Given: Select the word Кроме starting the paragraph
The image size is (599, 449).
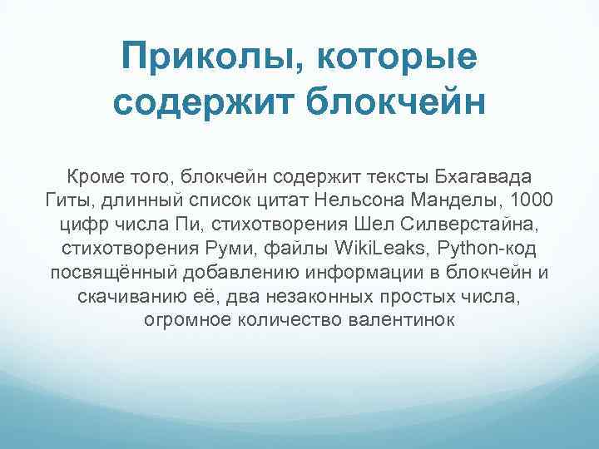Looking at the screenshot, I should [94, 178].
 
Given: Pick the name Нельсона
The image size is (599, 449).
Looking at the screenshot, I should [350, 202].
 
